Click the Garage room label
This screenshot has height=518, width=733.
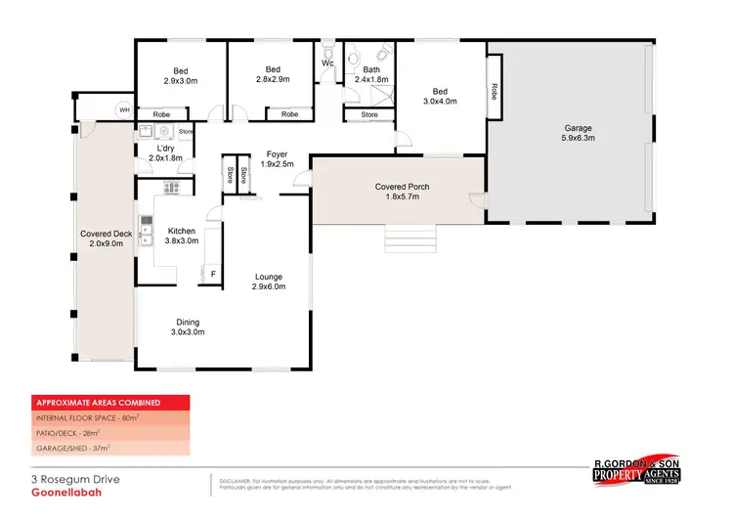(x=578, y=133)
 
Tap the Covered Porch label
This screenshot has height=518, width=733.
(x=403, y=192)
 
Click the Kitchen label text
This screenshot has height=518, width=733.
(x=182, y=236)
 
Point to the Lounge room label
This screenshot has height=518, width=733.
(x=269, y=281)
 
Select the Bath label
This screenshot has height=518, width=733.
(x=371, y=74)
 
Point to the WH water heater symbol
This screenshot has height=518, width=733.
(x=124, y=110)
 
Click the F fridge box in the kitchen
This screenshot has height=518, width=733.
(x=213, y=275)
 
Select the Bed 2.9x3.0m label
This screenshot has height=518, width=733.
(x=181, y=76)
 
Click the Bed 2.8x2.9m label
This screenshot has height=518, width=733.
(x=275, y=74)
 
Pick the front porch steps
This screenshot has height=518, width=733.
(x=409, y=237)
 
